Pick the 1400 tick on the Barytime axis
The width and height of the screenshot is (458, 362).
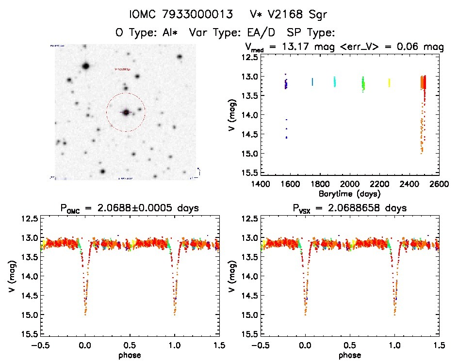(x=261, y=185)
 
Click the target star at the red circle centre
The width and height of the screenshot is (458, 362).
(x=126, y=112)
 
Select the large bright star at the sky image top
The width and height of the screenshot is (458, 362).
(x=86, y=66)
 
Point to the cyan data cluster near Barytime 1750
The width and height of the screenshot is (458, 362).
(x=312, y=82)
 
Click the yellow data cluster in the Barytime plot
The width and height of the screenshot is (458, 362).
(x=389, y=83)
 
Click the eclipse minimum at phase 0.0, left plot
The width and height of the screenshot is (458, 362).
(x=85, y=310)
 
